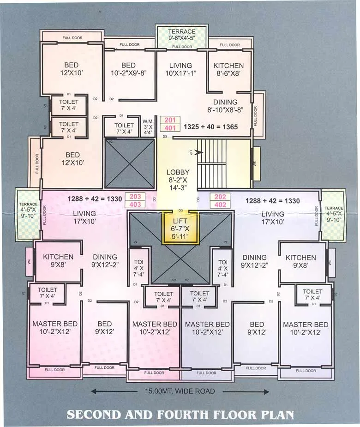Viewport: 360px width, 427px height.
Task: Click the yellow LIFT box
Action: [x=180, y=227]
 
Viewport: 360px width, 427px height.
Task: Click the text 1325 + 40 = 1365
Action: [x=210, y=126]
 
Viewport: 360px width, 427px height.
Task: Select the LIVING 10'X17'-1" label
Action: [x=180, y=69]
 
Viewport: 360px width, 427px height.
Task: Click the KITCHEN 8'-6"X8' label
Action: [x=225, y=69]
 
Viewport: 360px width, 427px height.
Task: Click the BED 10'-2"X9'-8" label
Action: [x=128, y=69]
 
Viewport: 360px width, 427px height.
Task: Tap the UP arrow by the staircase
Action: [x=198, y=152]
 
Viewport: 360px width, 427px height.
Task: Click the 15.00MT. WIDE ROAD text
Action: [x=180, y=391]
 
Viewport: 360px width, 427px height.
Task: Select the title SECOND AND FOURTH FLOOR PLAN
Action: [x=180, y=414]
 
